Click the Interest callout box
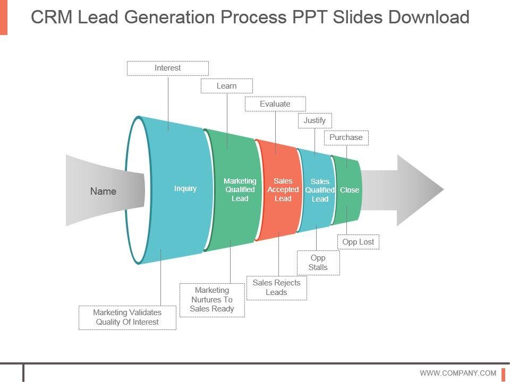click(x=167, y=68)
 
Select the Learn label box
click(x=227, y=86)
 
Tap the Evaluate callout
click(x=275, y=104)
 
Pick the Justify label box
click(x=315, y=120)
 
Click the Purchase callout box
click(x=346, y=138)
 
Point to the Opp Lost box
click(x=358, y=242)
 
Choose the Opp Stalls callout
click(x=318, y=263)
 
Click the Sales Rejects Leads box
click(x=276, y=288)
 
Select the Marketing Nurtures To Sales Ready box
click(x=212, y=300)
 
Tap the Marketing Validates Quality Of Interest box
click(x=127, y=317)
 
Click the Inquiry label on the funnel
click(x=185, y=189)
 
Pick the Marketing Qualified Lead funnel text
click(x=240, y=190)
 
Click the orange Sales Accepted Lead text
click(x=283, y=190)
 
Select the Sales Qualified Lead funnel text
click(x=320, y=190)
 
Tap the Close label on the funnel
click(x=350, y=190)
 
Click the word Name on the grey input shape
click(x=103, y=191)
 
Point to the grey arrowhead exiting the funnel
click(x=420, y=190)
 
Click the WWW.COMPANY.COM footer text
click(x=458, y=373)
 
